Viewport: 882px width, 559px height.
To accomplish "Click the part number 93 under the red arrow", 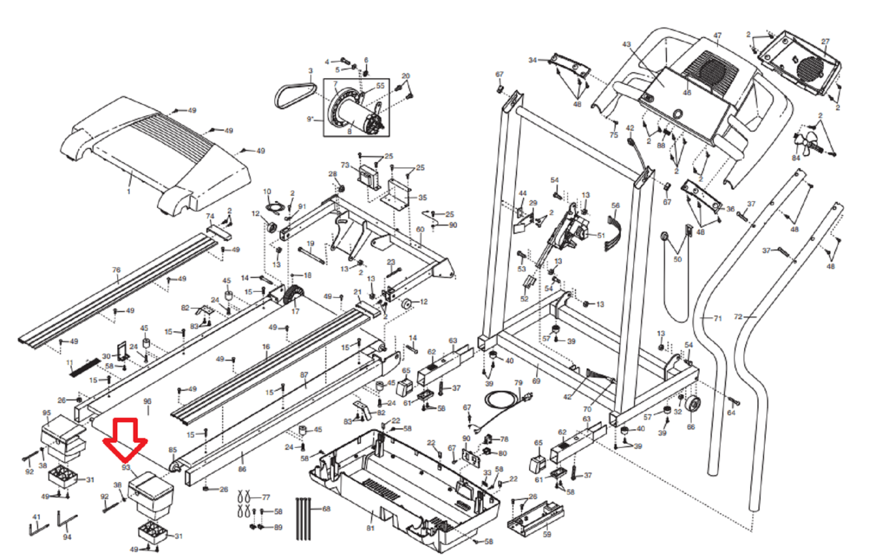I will pos(126,467).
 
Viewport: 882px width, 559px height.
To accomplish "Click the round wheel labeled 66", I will pos(692,406).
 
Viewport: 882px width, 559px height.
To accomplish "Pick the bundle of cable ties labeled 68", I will pos(304,518).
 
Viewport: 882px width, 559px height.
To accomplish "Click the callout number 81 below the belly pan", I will pos(370,528).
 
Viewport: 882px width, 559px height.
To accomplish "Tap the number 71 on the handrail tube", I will pos(717,319).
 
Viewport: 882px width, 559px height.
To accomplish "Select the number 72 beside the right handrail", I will pos(739,317).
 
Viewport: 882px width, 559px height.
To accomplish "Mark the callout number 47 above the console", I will pos(717,36).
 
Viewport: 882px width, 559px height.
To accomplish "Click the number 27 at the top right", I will pos(825,42).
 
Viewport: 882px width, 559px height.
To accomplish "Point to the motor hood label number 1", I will pos(128,191).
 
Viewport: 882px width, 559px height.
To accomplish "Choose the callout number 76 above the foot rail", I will pos(116,270).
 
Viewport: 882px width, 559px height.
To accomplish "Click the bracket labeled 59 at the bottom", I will pos(536,518).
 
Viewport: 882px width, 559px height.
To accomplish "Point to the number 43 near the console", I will pos(626,45).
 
